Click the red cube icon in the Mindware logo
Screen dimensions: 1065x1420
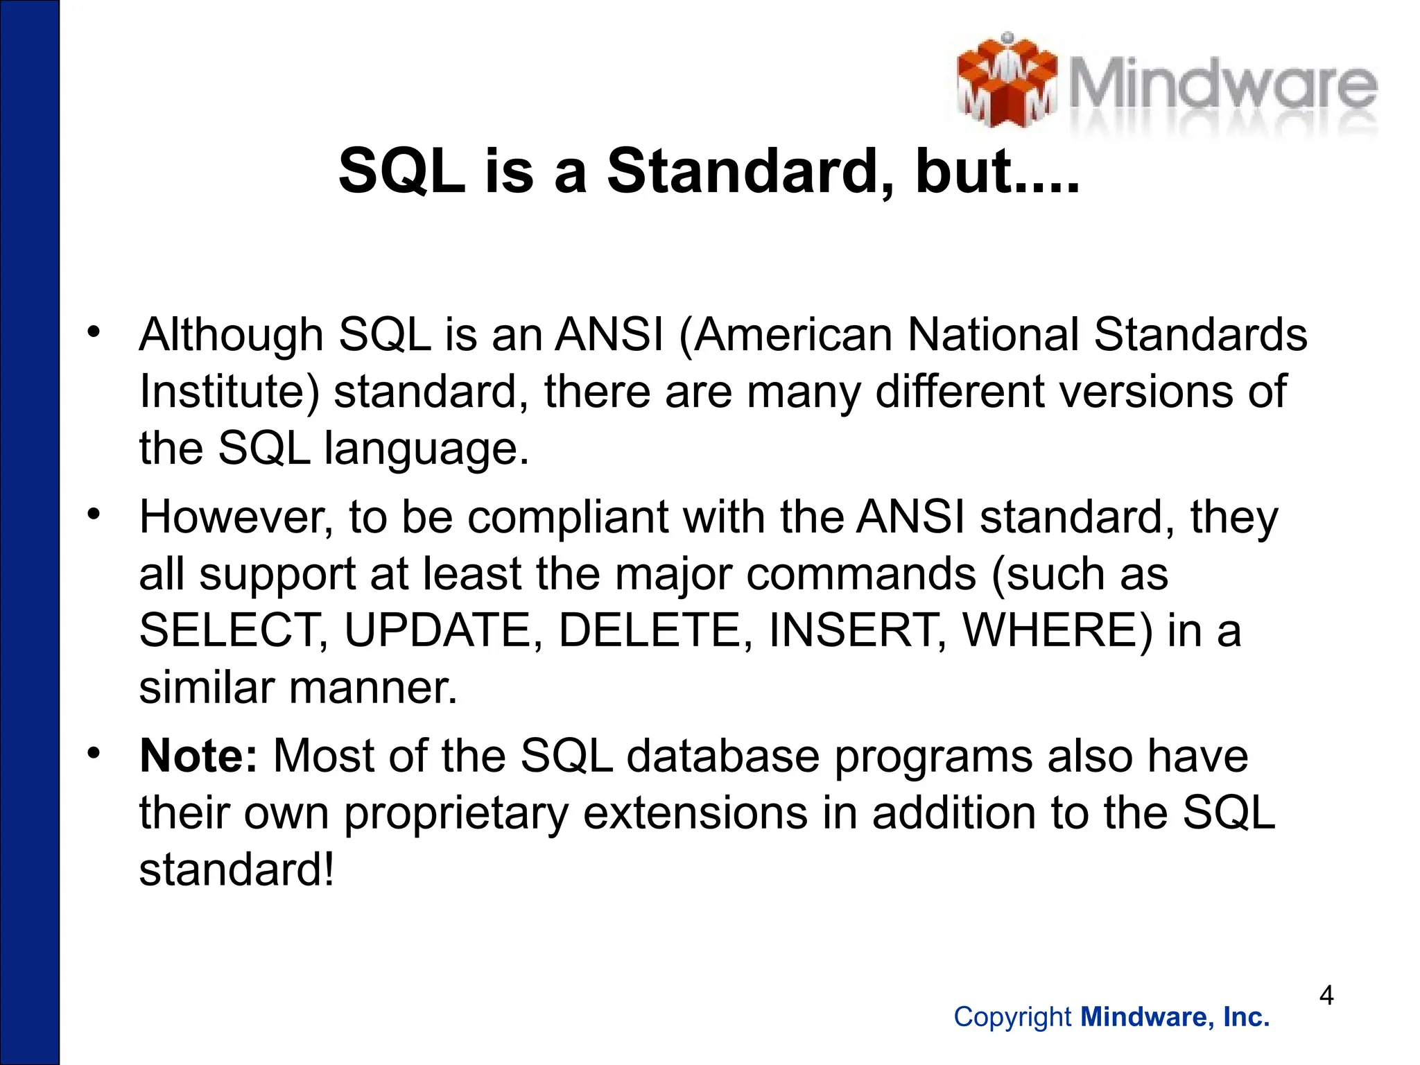coord(1007,82)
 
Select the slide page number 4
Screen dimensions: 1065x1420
coord(1326,996)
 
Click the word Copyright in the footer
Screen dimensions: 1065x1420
coord(1013,1017)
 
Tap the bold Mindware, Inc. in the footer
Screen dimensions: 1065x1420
coord(1175,1017)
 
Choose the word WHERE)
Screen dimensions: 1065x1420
coord(1058,630)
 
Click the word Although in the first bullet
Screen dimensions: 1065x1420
coord(231,336)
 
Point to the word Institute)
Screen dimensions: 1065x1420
coord(230,392)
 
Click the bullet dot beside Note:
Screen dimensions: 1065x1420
coord(94,752)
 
